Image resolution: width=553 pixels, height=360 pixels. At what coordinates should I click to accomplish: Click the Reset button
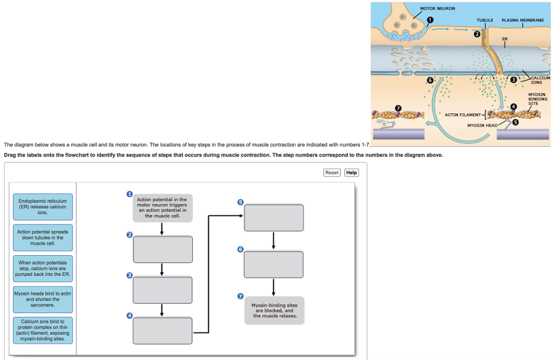332,173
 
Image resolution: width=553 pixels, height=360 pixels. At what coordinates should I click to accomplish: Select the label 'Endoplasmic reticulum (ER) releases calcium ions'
43,207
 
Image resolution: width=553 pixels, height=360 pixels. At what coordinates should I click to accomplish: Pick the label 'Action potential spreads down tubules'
43,237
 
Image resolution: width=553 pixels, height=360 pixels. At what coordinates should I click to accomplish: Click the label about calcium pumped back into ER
43,268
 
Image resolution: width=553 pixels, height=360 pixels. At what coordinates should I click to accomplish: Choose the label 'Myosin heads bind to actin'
43,299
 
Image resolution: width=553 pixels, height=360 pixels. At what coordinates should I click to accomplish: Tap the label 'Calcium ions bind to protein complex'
43,330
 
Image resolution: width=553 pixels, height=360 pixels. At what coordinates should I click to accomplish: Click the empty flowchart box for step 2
163,249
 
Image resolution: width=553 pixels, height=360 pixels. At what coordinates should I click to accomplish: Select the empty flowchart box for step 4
163,330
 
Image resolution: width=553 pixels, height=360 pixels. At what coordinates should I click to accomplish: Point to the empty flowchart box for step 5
273,218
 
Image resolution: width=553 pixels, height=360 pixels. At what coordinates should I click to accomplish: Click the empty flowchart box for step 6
273,264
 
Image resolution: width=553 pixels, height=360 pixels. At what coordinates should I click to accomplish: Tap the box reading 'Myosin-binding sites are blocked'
273,310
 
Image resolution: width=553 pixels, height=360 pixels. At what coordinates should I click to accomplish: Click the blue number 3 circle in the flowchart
129,275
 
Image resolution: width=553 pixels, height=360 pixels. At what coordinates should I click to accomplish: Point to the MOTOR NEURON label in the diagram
437,9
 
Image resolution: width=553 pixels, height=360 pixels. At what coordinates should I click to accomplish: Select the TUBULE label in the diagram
484,20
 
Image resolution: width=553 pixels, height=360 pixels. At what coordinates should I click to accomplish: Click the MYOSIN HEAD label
482,125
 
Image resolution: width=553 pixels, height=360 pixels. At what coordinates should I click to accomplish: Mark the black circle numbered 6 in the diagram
430,80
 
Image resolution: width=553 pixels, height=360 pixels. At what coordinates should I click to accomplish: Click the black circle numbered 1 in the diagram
430,20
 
